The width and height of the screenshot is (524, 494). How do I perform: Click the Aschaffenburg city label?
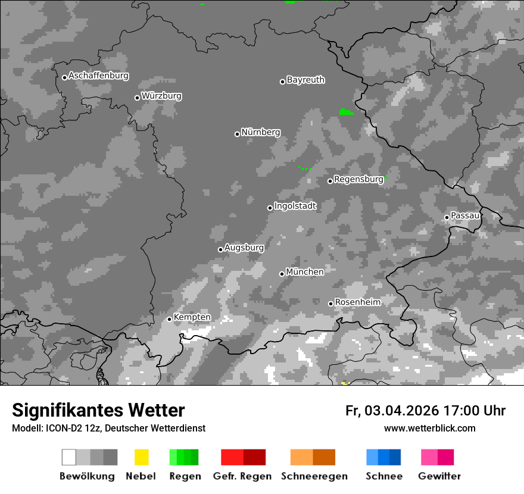98,76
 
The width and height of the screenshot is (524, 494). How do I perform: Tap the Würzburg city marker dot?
137,98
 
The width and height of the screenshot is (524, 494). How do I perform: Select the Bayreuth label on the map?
305,80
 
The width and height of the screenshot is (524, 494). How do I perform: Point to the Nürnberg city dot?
237,134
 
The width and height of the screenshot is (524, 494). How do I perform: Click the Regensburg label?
358,179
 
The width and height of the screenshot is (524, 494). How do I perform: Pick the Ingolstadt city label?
295,206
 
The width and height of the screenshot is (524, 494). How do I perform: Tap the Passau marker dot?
447,217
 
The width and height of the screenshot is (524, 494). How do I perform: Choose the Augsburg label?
244,248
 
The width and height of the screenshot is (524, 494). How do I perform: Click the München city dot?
282,274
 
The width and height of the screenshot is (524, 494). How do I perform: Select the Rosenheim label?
357,302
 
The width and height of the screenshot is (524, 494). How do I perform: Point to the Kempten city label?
192,317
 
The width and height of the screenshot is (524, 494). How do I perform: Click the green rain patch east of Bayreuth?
345,112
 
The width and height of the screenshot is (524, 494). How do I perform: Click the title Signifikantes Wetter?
98,410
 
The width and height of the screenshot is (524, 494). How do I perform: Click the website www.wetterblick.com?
429,428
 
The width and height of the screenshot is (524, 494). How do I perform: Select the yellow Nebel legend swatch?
141,457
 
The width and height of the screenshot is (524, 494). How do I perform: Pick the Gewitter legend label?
439,476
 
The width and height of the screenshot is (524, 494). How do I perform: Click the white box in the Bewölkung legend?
68,457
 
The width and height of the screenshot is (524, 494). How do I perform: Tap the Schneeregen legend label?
314,476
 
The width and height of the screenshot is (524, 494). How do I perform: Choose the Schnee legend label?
384,476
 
